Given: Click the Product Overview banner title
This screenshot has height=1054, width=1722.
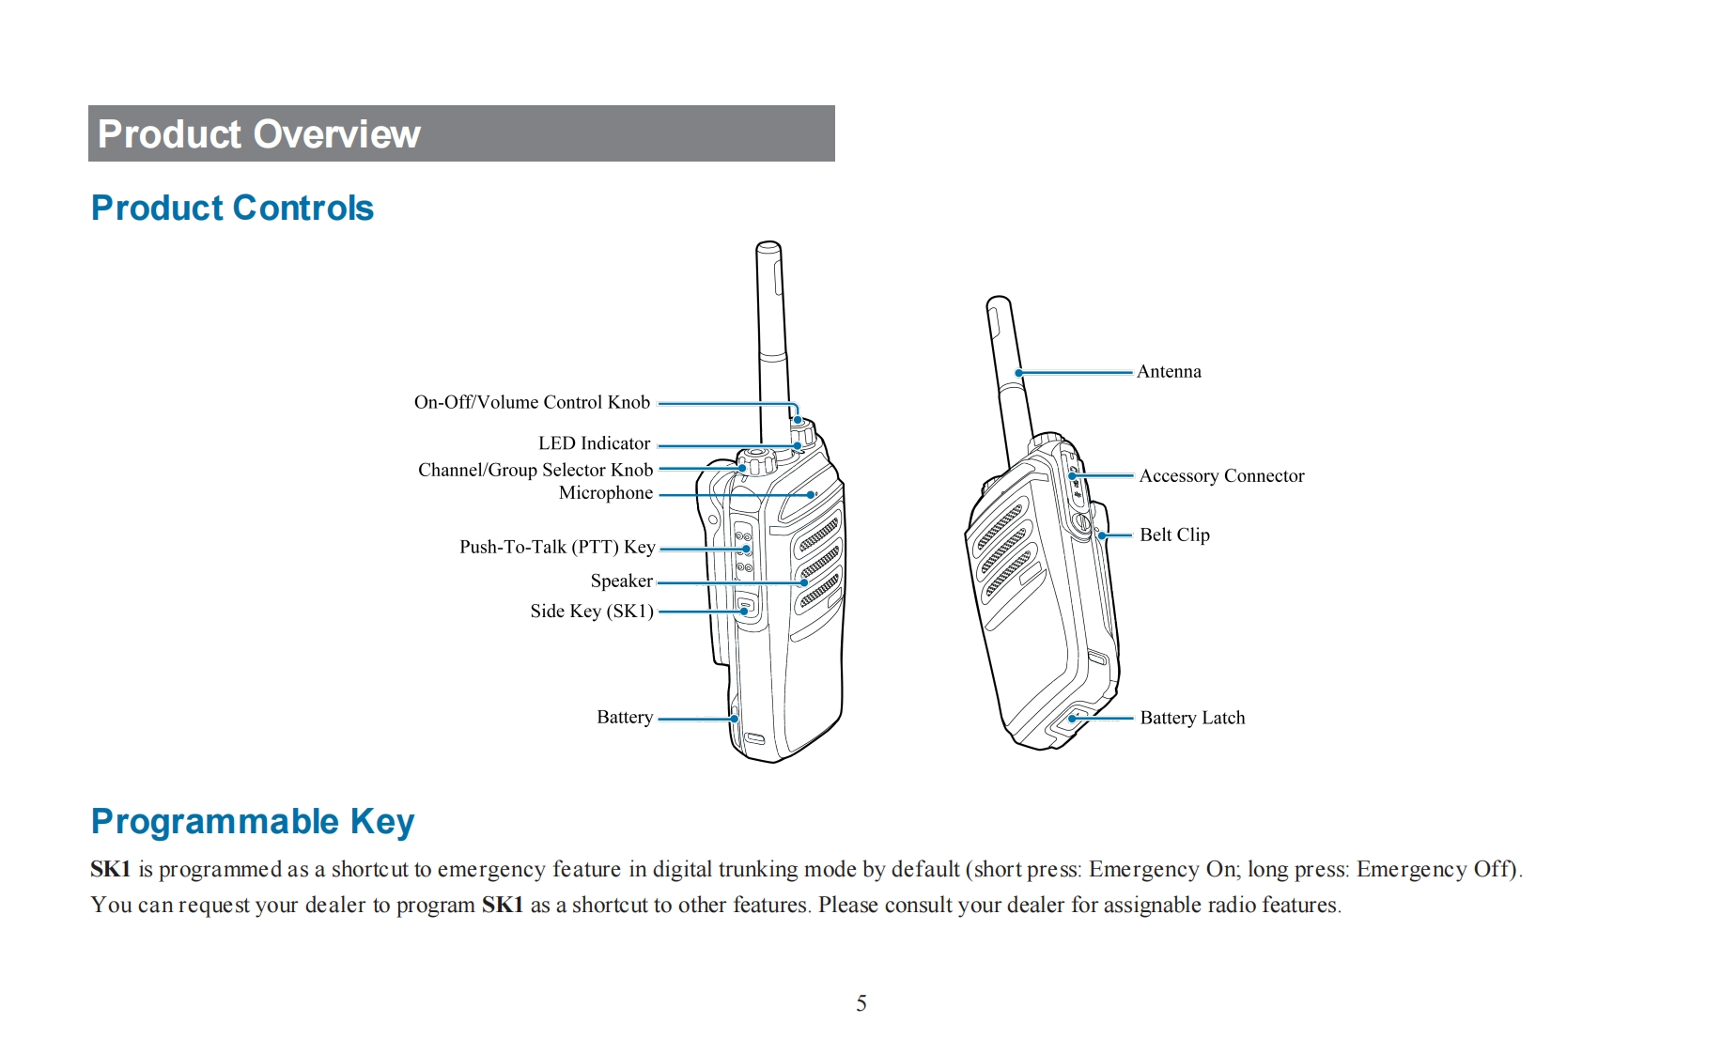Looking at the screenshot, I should pyautogui.click(x=258, y=134).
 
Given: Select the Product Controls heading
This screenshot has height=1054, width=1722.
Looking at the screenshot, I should pyautogui.click(x=232, y=208).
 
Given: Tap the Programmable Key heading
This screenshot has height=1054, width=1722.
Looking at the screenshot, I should pyautogui.click(x=252, y=821).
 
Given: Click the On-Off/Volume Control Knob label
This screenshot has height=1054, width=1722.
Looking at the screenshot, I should pyautogui.click(x=532, y=402).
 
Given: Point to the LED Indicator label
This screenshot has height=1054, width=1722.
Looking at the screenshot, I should pyautogui.click(x=594, y=443).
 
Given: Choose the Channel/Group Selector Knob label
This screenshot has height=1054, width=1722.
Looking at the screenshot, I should pyautogui.click(x=535, y=470).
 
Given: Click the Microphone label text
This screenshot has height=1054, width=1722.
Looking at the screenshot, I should pyautogui.click(x=605, y=493).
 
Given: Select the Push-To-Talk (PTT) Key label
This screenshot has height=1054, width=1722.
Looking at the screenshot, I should pyautogui.click(x=556, y=547).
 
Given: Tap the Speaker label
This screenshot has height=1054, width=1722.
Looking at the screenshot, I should pyautogui.click(x=621, y=581).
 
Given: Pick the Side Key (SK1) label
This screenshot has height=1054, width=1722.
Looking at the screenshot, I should pyautogui.click(x=591, y=612).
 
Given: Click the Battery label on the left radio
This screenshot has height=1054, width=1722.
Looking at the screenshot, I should pyautogui.click(x=624, y=717).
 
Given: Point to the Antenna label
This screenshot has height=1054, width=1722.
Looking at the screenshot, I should pyautogui.click(x=1169, y=372).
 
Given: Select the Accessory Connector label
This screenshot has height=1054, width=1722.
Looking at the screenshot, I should pyautogui.click(x=1221, y=476).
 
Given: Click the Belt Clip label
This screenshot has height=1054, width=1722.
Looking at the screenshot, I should pyautogui.click(x=1174, y=535).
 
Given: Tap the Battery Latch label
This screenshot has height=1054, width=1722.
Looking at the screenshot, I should pyautogui.click(x=1192, y=718).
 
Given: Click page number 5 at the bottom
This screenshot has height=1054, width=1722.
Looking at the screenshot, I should pyautogui.click(x=861, y=1003).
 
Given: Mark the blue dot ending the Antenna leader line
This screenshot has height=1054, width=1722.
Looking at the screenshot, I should pyautogui.click(x=1019, y=373).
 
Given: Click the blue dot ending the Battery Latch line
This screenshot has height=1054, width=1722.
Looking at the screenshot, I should pyautogui.click(x=1073, y=719).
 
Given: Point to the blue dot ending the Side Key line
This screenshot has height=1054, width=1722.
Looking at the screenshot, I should pyautogui.click(x=744, y=612).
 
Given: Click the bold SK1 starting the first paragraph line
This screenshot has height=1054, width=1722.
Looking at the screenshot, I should pyautogui.click(x=110, y=869).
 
